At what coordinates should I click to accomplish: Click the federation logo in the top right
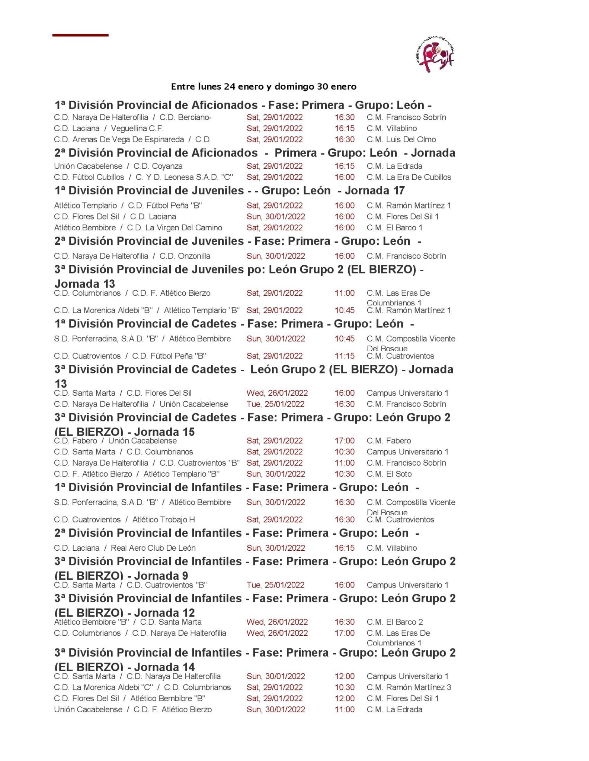[434, 54]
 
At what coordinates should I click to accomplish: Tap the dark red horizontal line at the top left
[80, 35]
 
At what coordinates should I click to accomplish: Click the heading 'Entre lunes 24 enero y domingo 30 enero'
[263, 87]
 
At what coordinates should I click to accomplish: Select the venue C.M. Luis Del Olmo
[401, 140]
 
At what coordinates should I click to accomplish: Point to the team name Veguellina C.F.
[137, 129]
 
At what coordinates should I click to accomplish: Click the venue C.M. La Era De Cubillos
[409, 177]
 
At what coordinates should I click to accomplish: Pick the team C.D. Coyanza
[158, 166]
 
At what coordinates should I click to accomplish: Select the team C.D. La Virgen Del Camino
[175, 228]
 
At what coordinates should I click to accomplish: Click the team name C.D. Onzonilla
[185, 256]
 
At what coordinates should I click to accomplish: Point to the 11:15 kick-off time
[344, 356]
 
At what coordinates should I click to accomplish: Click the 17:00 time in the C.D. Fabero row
[344, 441]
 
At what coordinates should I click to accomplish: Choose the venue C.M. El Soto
[389, 474]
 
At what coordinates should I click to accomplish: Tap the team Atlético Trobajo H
[163, 519]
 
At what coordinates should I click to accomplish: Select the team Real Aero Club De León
[153, 548]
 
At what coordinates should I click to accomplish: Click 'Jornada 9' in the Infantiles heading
[161, 576]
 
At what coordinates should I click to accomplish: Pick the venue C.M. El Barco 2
[394, 622]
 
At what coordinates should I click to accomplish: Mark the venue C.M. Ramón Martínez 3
[409, 687]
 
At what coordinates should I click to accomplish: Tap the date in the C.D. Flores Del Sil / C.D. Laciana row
[275, 217]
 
